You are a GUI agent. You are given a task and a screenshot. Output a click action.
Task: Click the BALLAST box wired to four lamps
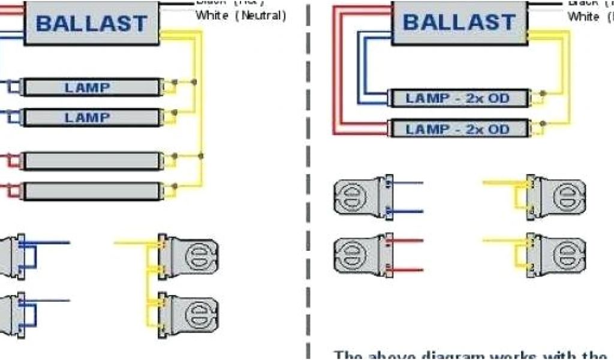[x=92, y=24]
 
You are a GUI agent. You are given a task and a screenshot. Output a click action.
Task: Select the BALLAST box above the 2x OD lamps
[x=459, y=23]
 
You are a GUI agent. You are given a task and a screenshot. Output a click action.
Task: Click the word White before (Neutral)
[x=212, y=16]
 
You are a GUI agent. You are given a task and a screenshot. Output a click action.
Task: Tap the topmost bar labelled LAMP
[x=88, y=88]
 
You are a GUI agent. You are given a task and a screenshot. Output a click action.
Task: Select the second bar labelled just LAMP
[x=88, y=118]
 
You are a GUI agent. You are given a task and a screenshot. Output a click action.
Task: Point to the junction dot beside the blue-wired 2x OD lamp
[x=543, y=94]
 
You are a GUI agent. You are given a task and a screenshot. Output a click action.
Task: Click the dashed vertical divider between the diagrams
[x=309, y=180]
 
